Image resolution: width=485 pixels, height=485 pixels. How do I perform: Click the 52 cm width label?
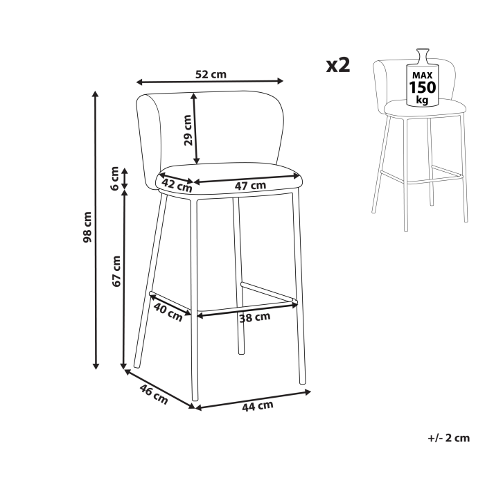(210, 75)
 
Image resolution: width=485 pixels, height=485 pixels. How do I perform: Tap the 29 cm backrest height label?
(188, 128)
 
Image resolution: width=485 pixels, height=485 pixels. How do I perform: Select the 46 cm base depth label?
(154, 395)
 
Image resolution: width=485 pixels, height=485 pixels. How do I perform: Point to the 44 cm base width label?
(257, 406)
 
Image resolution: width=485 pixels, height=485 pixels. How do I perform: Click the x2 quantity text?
(339, 65)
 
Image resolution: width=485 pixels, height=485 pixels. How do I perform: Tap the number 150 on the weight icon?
(422, 87)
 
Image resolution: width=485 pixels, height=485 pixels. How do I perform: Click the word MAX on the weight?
(422, 74)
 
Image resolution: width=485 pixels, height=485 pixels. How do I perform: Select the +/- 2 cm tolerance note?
(449, 437)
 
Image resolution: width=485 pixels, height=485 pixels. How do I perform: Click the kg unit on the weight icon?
(422, 100)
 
